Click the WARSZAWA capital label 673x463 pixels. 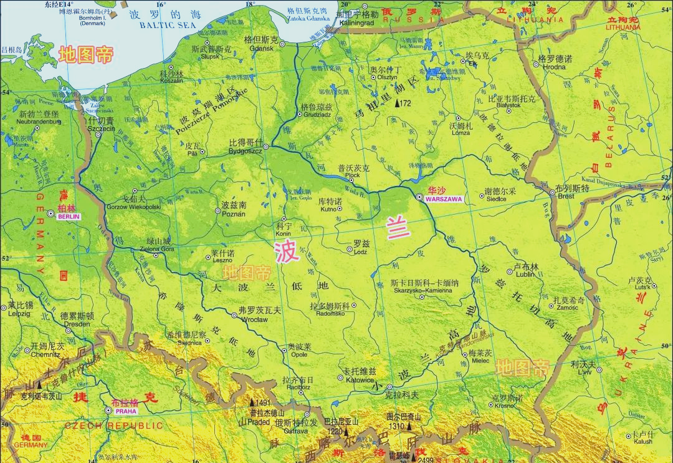[444, 200]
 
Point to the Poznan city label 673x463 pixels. [234, 214]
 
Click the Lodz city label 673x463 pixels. [360, 252]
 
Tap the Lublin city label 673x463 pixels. [526, 274]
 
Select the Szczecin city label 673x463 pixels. [101, 129]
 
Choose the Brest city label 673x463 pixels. [566, 196]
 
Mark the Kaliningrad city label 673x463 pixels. [356, 22]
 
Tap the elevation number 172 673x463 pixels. [406, 103]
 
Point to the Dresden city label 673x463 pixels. [77, 324]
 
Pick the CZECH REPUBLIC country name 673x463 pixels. [114, 426]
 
